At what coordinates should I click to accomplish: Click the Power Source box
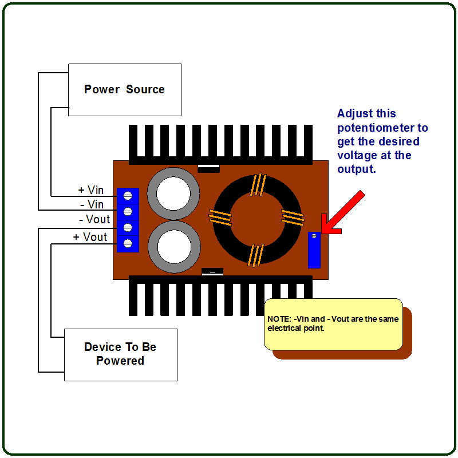coord(125,90)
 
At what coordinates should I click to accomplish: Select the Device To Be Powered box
coord(120,354)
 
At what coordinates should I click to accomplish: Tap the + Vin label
coord(90,190)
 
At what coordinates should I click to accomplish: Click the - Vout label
coord(94,219)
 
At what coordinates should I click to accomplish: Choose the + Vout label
coord(90,237)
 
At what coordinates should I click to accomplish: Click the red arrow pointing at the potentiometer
coord(343,212)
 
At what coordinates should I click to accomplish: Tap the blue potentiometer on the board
coord(314,250)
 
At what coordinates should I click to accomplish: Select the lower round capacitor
coord(173,247)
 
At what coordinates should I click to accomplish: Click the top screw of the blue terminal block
coord(128,196)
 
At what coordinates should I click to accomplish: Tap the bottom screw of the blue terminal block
coord(128,244)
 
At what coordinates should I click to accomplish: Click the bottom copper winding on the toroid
coord(255,255)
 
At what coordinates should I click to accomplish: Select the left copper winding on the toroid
coord(220,218)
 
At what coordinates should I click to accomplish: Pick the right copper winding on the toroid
coord(292,218)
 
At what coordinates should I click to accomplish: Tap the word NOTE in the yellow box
coord(279,319)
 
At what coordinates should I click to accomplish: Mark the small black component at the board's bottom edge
coord(212,272)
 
